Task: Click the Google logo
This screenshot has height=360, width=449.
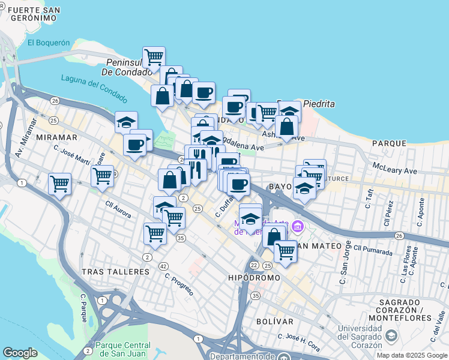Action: tap(20, 353)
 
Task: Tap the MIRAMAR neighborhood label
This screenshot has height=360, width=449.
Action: tap(57, 137)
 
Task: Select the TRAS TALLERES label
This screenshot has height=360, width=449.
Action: tap(115, 272)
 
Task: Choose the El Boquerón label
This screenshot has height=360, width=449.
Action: tap(49, 43)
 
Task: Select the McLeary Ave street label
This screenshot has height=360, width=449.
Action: tap(394, 170)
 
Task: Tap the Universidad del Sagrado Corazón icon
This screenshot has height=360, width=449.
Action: tap(391, 335)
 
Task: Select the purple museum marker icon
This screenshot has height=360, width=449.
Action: tap(297, 227)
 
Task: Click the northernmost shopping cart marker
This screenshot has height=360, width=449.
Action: tap(154, 57)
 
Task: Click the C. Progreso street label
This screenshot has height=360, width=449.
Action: tap(179, 285)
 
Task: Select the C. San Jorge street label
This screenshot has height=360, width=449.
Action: tap(344, 263)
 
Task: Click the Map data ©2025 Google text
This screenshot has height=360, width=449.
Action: tap(411, 355)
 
